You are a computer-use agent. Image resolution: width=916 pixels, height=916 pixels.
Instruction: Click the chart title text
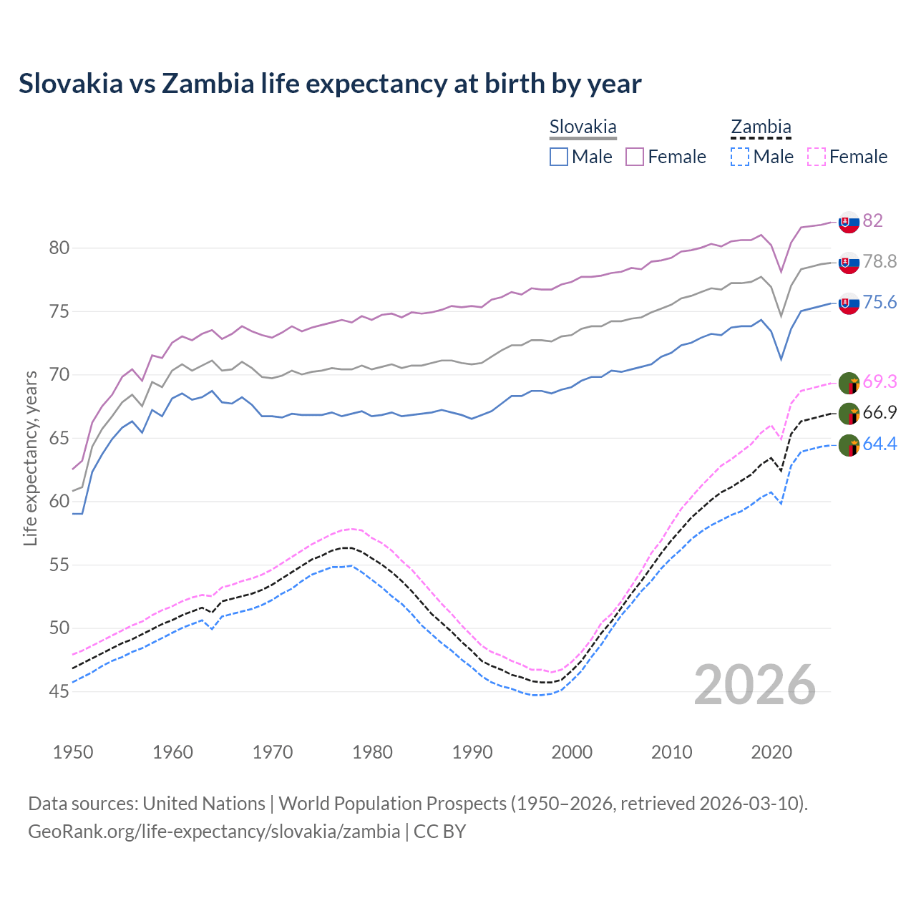(x=330, y=84)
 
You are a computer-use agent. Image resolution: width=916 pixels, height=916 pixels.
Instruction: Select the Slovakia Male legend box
(x=559, y=157)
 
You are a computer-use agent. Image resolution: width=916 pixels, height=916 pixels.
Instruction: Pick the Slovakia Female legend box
(x=635, y=157)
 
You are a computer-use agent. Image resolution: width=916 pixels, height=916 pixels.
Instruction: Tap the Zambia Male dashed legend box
(x=740, y=157)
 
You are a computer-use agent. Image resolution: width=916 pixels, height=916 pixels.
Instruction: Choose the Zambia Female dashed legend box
(x=817, y=157)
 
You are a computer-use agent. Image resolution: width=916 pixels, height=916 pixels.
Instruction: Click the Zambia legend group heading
(x=761, y=127)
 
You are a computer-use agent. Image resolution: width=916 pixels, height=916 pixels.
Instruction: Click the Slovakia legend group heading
(x=583, y=127)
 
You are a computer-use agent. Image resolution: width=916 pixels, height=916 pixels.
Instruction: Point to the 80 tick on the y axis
(x=59, y=248)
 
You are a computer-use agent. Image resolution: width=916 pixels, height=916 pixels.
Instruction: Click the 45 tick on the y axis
(x=59, y=691)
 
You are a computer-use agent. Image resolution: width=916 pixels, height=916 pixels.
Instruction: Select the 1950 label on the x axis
(x=73, y=752)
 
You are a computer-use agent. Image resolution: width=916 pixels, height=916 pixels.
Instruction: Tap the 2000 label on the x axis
(x=572, y=752)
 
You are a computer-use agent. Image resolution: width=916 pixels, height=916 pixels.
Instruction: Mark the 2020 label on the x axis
(x=771, y=752)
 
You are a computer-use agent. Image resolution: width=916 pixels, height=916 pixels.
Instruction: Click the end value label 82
(x=872, y=220)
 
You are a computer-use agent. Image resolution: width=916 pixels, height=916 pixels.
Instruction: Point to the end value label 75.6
(x=880, y=303)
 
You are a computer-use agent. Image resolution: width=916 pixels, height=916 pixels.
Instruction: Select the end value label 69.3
(x=880, y=382)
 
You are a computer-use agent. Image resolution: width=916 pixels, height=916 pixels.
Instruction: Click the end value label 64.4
(x=880, y=444)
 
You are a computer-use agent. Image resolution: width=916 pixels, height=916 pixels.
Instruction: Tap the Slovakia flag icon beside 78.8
(x=849, y=263)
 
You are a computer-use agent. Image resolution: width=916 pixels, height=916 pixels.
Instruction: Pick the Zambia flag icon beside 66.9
(x=849, y=414)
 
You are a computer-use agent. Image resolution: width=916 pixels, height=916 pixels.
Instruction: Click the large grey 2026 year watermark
(x=755, y=685)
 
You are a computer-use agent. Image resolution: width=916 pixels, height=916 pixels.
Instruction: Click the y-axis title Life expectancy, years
(x=31, y=458)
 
